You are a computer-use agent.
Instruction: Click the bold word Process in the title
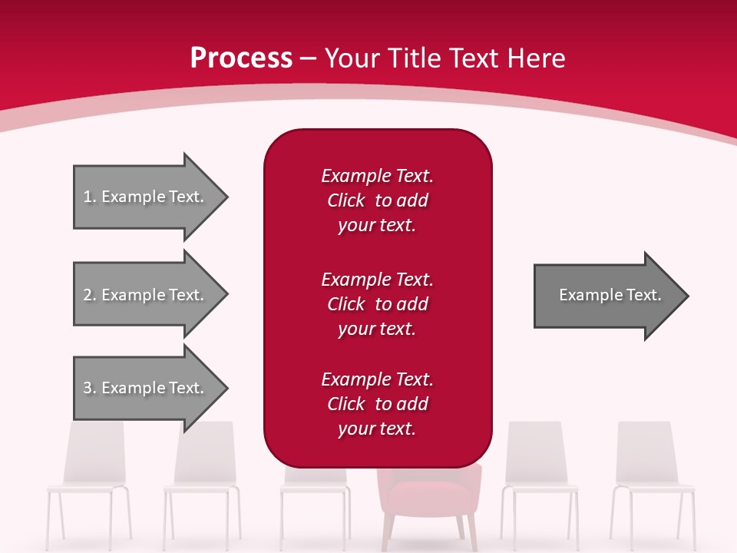click(241, 58)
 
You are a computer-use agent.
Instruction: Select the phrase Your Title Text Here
click(445, 58)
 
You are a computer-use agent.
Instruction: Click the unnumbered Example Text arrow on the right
click(610, 295)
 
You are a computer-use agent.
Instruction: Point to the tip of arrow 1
click(226, 197)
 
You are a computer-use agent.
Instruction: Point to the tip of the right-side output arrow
click(687, 296)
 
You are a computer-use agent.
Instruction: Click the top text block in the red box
click(377, 200)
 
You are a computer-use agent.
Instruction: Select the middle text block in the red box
click(377, 304)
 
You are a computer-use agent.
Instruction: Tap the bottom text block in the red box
click(377, 404)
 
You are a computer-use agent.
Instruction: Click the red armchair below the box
click(428, 492)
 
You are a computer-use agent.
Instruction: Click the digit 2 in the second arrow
click(87, 295)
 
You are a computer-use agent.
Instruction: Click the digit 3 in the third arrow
click(87, 388)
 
